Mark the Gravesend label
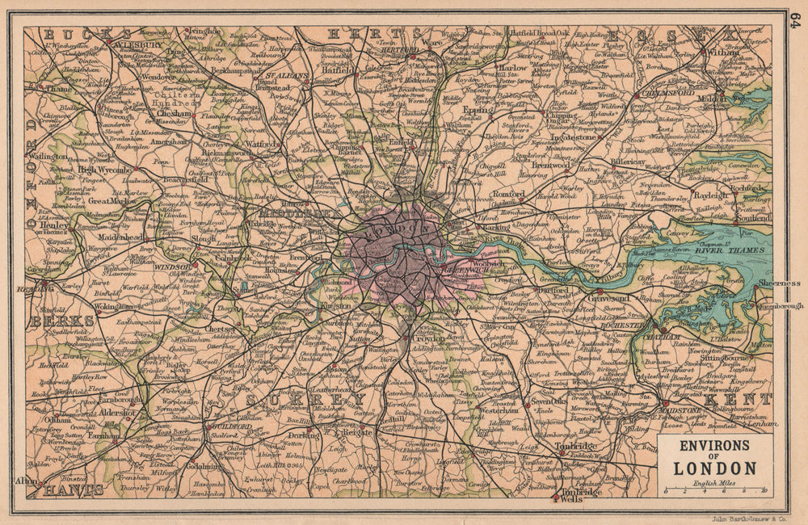point(616,296)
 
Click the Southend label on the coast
point(754,218)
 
